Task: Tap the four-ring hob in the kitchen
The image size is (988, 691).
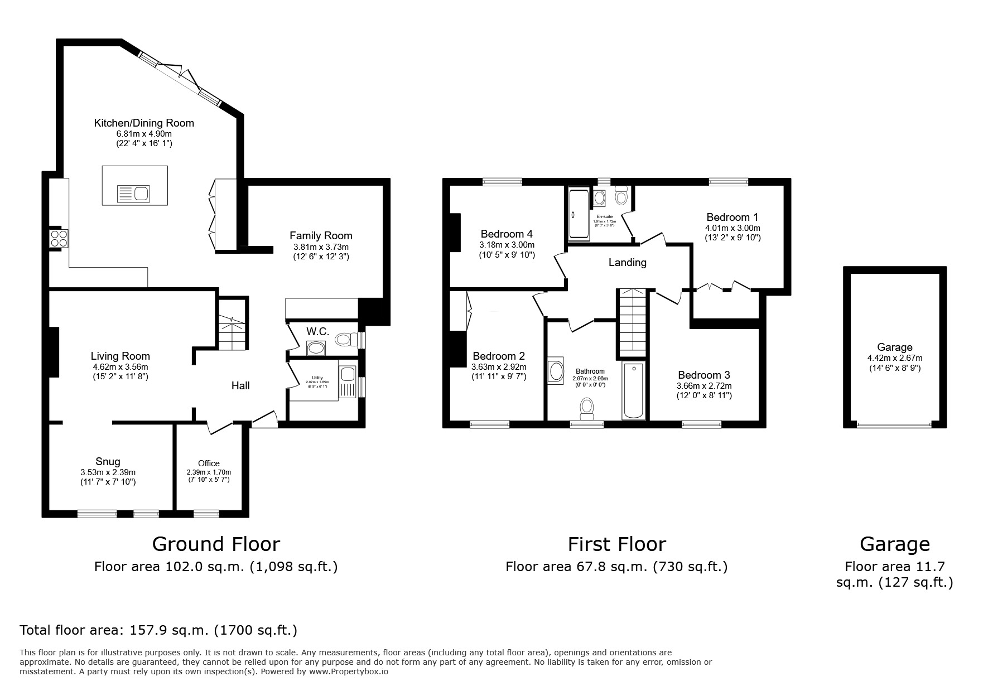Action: [59, 239]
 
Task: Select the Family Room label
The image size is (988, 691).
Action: [321, 236]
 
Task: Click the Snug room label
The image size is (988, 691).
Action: [108, 462]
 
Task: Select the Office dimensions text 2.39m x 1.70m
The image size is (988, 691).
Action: [209, 472]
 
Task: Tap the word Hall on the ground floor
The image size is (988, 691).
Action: [240, 385]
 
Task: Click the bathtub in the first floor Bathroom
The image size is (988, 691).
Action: [633, 390]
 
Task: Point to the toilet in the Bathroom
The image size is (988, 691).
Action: [586, 408]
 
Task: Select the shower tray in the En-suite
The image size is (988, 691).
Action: [577, 215]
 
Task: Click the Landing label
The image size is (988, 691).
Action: [627, 262]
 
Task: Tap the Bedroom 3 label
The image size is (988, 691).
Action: [704, 375]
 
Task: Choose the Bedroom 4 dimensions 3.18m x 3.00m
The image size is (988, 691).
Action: [507, 245]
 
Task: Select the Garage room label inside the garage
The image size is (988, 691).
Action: [894, 347]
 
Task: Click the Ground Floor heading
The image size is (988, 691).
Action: [216, 544]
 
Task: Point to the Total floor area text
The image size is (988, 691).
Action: [158, 630]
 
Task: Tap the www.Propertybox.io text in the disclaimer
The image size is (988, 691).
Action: [348, 672]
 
